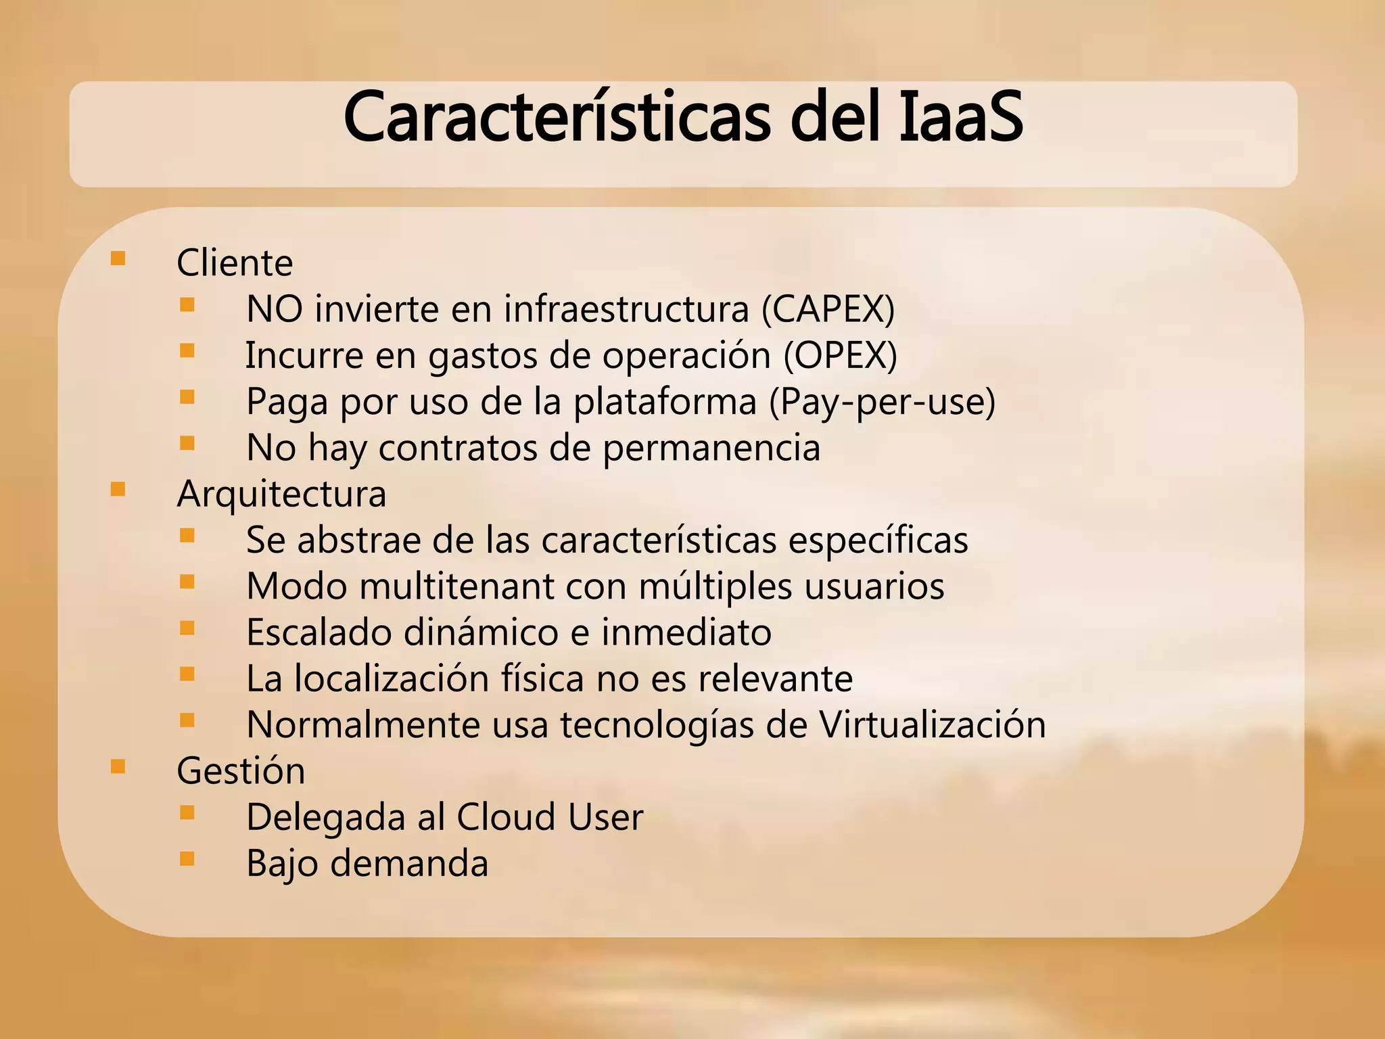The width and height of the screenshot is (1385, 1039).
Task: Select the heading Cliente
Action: tap(235, 262)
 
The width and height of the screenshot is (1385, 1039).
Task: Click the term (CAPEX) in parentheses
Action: tap(828, 309)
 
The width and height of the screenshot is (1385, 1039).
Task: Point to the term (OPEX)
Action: tap(840, 355)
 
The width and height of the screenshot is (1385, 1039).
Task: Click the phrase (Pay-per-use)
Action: tap(882, 402)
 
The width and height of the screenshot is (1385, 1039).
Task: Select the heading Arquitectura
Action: tap(281, 494)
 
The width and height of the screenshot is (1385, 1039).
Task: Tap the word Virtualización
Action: tap(933, 724)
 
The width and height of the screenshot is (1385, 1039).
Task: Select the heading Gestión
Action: tap(241, 771)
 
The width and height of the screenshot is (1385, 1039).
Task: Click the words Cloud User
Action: tap(550, 817)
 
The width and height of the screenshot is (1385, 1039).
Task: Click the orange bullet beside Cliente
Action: tap(118, 258)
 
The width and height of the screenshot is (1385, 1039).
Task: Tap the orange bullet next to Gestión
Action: tap(118, 766)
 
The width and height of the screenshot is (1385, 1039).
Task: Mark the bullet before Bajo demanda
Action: tap(187, 859)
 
